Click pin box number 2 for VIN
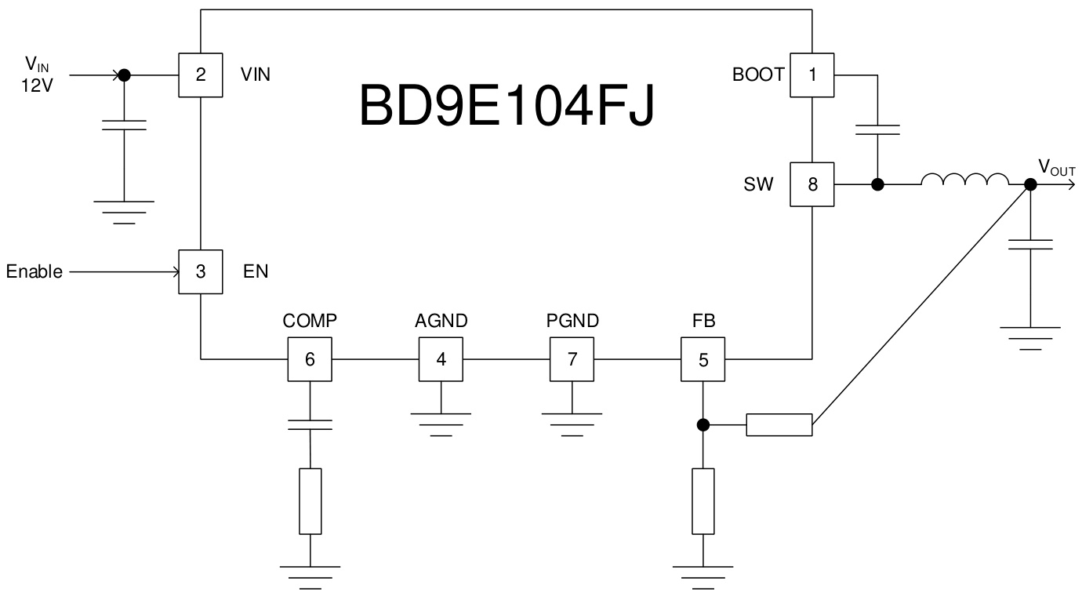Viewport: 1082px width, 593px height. pos(201,75)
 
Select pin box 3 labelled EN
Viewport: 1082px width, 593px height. pos(201,271)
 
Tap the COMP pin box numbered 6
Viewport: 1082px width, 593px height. pos(310,359)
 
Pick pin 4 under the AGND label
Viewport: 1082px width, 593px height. pos(441,359)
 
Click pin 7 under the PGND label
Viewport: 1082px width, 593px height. pos(572,359)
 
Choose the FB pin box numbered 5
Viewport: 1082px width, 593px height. pos(703,359)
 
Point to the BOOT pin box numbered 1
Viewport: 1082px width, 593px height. pos(812,75)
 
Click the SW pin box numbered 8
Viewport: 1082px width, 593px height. pos(812,184)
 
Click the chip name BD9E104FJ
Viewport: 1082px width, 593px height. pos(507,106)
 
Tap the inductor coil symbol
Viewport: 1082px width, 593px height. pos(964,180)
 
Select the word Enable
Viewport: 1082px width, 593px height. pos(34,272)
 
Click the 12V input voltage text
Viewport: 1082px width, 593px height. pos(38,86)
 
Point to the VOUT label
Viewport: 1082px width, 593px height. pos(1057,167)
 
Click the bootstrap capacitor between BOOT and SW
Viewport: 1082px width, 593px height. pos(877,129)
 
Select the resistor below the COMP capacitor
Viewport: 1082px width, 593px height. pos(310,501)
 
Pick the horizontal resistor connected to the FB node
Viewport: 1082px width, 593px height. pos(779,425)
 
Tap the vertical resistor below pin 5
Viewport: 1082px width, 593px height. pos(703,501)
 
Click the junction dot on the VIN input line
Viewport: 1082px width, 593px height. pos(123,75)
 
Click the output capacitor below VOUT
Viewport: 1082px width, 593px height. pos(1030,244)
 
